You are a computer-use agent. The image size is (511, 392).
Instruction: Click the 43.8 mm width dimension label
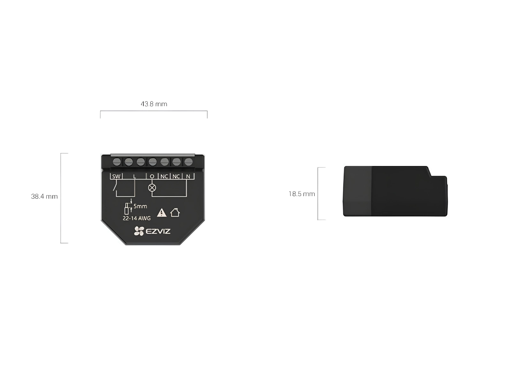click(x=154, y=104)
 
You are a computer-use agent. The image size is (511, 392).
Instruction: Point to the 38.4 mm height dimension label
click(x=44, y=196)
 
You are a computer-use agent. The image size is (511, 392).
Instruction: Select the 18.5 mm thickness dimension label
click(x=302, y=194)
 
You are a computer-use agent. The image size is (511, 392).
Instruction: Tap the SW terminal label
click(x=116, y=176)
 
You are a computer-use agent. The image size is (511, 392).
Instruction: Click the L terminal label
click(x=134, y=176)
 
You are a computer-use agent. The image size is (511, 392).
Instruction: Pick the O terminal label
click(x=152, y=176)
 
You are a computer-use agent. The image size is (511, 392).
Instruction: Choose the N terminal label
click(x=188, y=176)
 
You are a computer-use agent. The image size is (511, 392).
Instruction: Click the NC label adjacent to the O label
click(x=164, y=176)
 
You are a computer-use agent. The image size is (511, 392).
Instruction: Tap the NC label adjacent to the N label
click(x=176, y=176)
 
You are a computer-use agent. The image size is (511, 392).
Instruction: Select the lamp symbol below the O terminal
click(x=152, y=188)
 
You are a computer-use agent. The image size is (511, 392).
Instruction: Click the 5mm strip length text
click(x=140, y=206)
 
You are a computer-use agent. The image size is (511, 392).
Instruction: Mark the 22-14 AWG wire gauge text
click(x=137, y=218)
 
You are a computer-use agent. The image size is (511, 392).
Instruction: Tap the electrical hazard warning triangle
click(x=162, y=212)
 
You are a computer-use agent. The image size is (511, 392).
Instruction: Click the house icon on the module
click(x=175, y=212)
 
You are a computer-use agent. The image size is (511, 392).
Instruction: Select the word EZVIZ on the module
click(x=158, y=231)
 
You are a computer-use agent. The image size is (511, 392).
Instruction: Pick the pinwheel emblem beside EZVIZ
click(x=139, y=231)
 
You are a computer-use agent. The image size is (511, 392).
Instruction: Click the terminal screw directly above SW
click(x=117, y=162)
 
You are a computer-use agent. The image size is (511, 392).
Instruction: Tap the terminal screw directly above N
click(x=188, y=162)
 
